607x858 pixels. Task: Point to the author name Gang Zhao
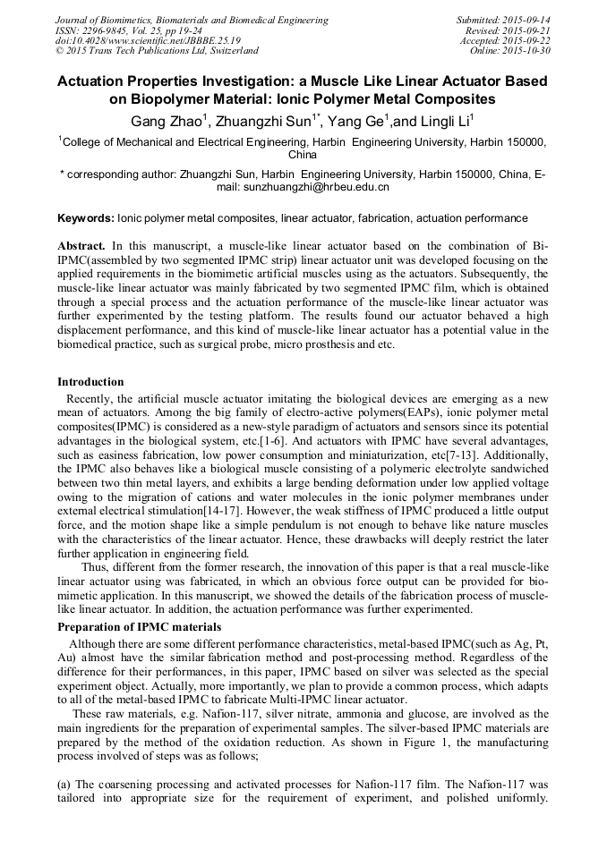click(162, 121)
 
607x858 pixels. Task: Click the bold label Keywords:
click(86, 217)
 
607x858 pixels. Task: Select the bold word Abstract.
click(81, 245)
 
